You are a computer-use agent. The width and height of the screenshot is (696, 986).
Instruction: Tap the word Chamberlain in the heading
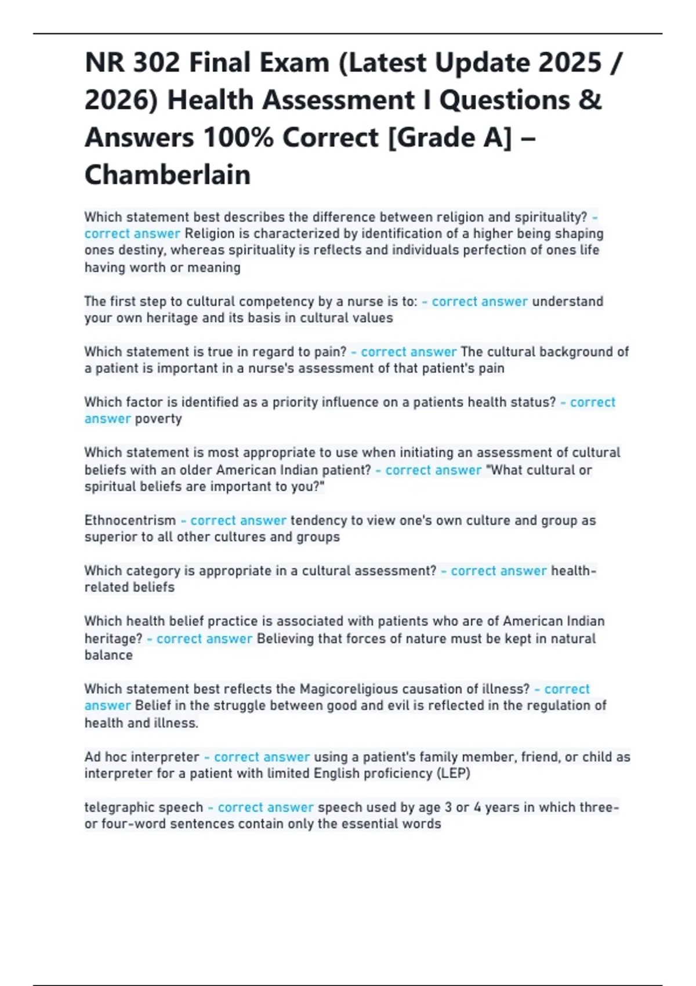point(168,175)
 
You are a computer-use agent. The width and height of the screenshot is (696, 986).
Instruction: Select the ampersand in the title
point(589,100)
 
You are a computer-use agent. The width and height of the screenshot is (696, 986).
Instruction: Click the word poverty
point(158,419)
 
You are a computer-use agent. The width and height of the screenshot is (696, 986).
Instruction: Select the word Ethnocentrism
point(130,520)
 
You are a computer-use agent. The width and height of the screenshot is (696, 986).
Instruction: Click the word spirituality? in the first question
point(550,217)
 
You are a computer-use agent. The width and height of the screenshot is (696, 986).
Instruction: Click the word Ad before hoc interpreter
point(92,757)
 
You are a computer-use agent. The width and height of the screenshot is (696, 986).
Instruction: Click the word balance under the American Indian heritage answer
point(108,655)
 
